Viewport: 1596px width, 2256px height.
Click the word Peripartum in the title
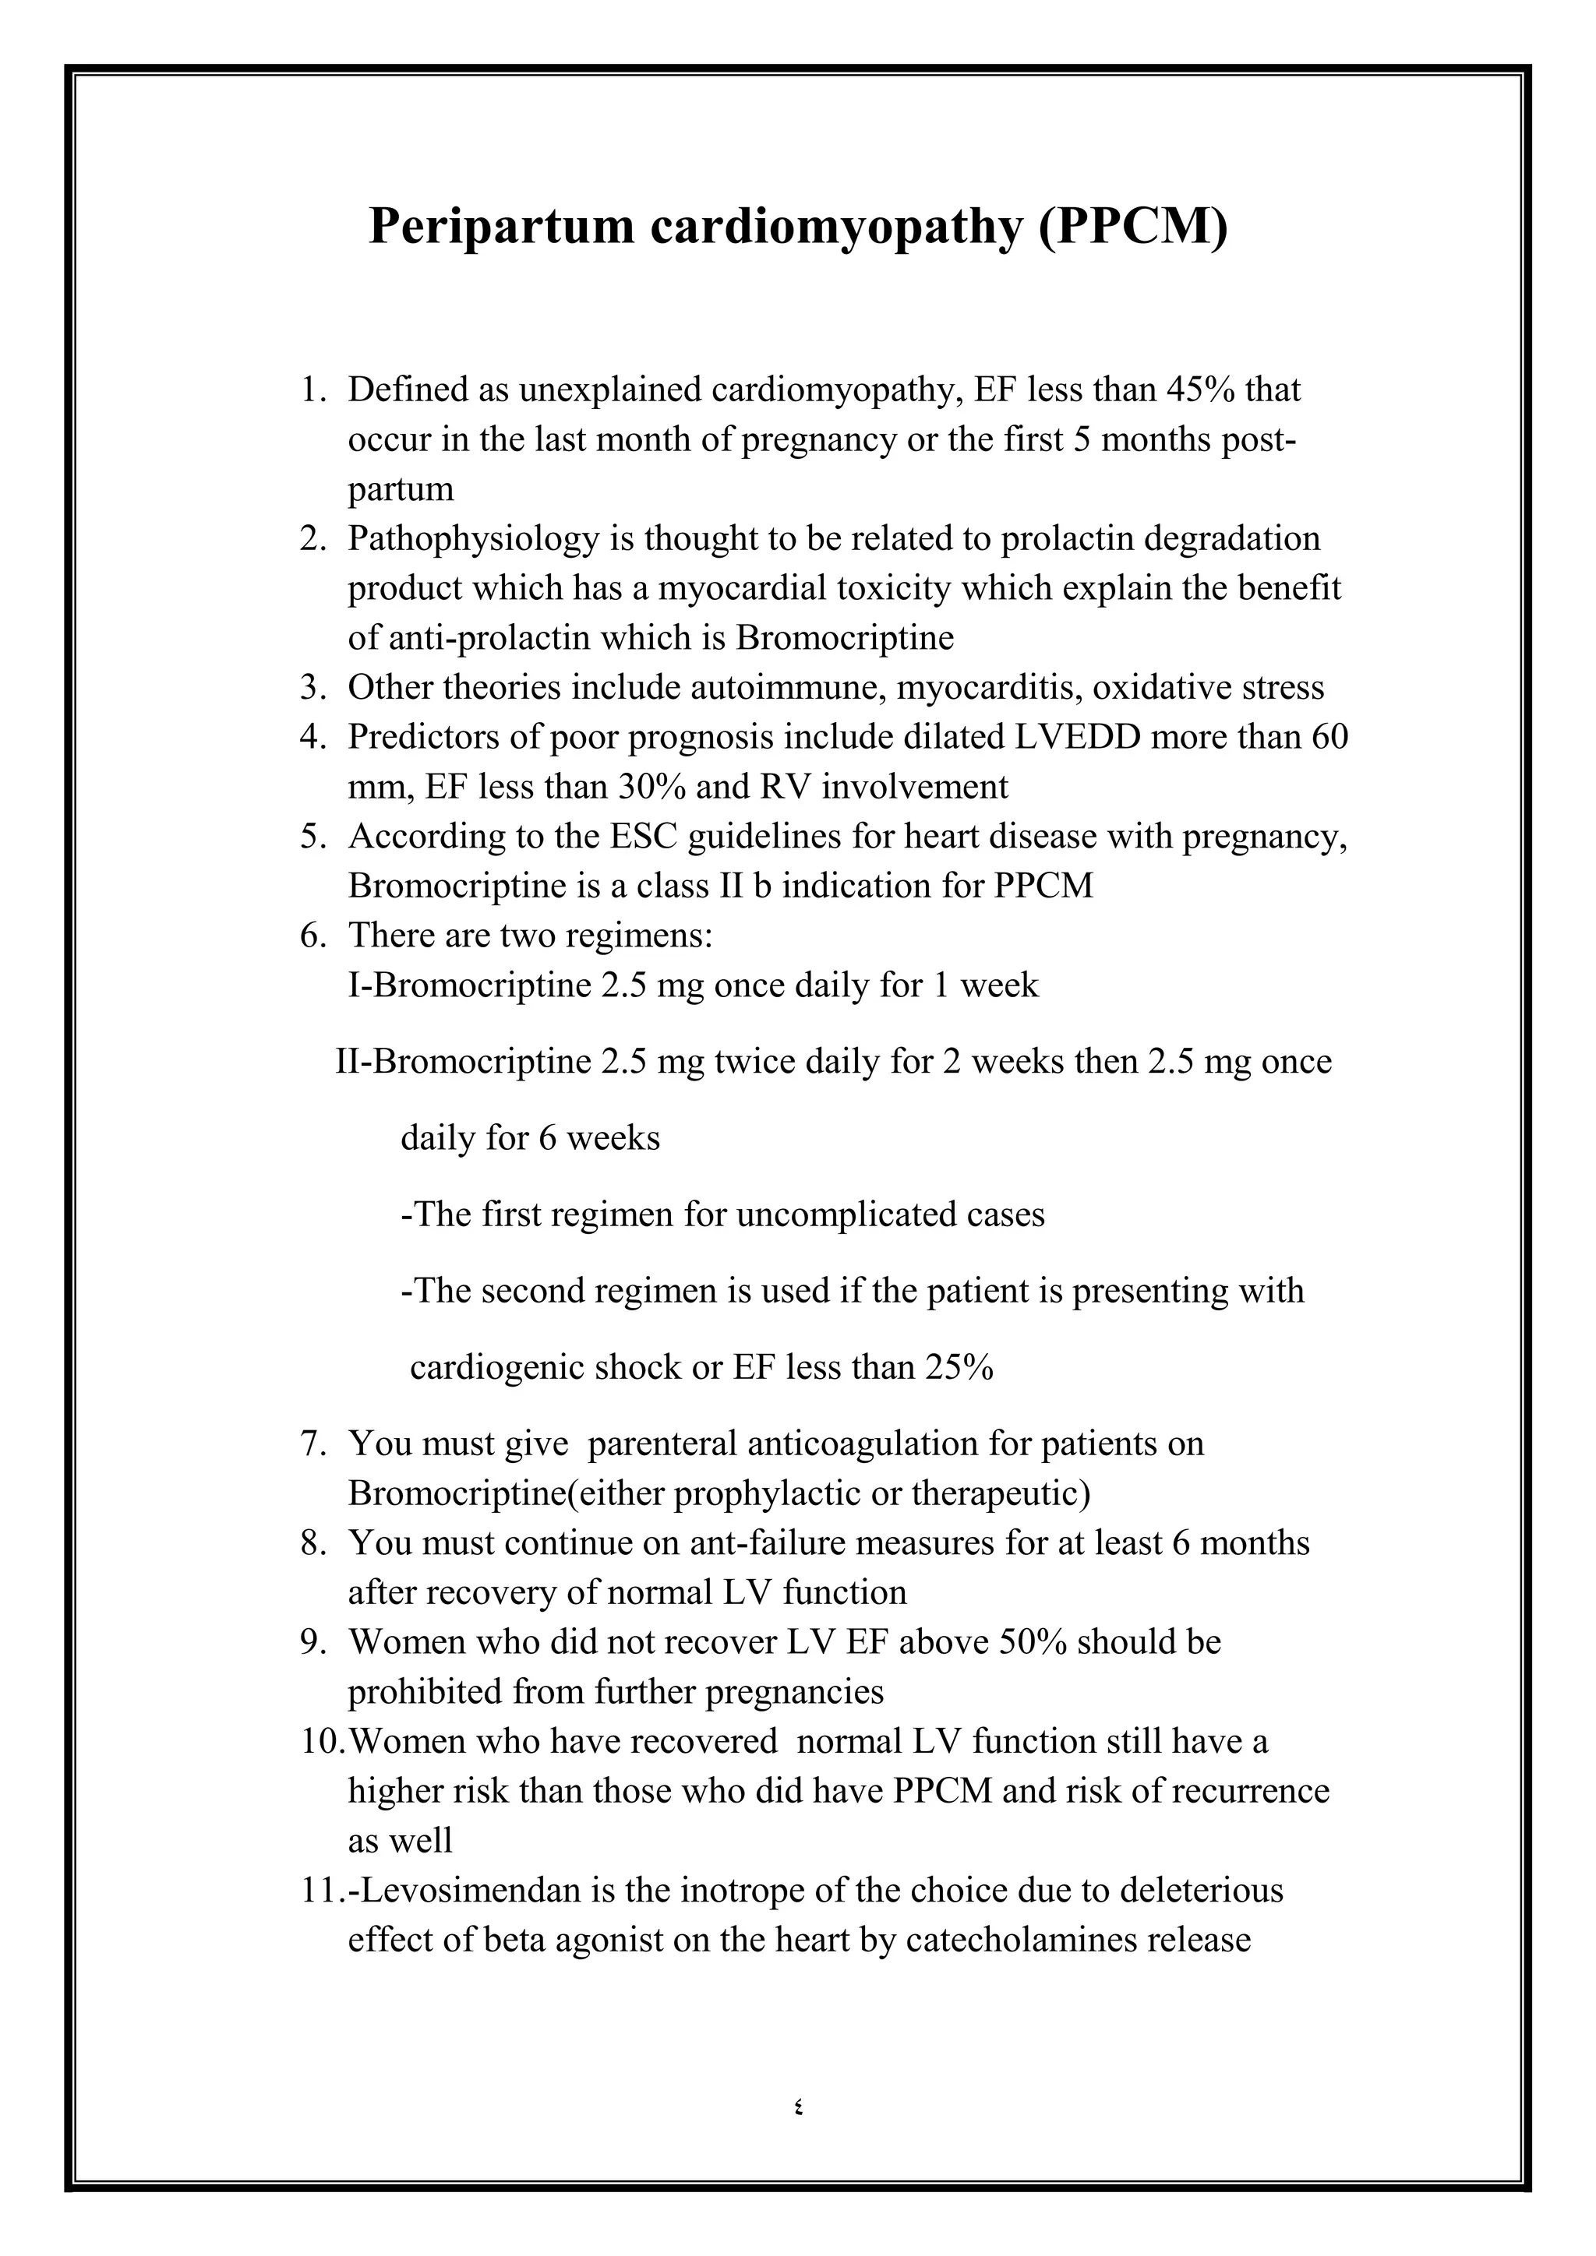tap(500, 227)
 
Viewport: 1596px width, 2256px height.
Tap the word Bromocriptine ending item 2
tap(844, 638)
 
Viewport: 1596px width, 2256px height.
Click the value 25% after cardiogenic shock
tap(959, 1367)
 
